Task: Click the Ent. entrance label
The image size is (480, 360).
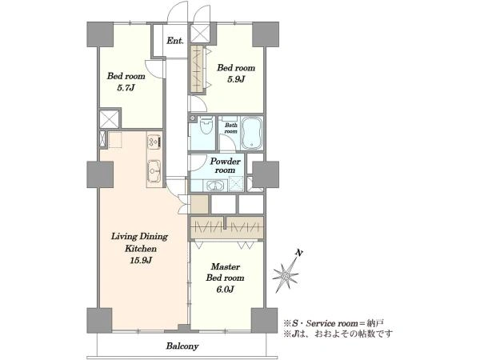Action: [175, 41]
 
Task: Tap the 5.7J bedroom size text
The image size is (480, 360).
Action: [126, 88]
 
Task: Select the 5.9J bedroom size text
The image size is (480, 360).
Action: [236, 79]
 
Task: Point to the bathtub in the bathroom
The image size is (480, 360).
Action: [252, 133]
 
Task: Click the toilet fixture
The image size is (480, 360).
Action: [206, 126]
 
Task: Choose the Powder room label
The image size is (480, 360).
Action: [225, 166]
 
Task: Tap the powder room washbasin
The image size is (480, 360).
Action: [215, 186]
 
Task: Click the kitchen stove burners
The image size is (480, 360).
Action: [154, 142]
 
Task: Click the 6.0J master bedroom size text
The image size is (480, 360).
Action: [225, 289]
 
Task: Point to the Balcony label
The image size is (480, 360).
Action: [182, 346]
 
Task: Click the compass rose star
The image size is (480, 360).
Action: [286, 274]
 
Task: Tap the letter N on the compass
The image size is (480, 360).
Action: [299, 253]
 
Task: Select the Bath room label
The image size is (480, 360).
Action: [231, 128]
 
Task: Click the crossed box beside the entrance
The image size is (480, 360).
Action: [200, 34]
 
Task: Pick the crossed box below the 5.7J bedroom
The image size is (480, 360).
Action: [110, 119]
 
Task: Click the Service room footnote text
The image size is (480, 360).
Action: [334, 323]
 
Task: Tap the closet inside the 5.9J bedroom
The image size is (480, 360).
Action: [197, 69]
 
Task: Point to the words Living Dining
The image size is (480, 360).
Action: [139, 237]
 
